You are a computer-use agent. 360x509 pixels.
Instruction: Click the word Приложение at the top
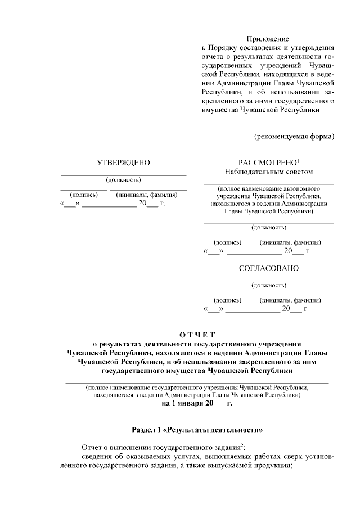pyautogui.click(x=268, y=39)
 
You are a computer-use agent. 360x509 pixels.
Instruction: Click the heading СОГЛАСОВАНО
pyautogui.click(x=268, y=268)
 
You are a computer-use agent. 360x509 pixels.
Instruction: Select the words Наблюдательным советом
pyautogui.click(x=268, y=172)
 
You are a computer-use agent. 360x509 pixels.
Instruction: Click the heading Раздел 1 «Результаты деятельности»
pyautogui.click(x=197, y=430)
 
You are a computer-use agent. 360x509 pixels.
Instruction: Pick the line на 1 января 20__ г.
pyautogui.click(x=197, y=403)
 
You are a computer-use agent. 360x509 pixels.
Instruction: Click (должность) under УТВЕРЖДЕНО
pyautogui.click(x=123, y=180)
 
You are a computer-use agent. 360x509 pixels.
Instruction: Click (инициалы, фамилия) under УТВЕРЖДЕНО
pyautogui.click(x=147, y=195)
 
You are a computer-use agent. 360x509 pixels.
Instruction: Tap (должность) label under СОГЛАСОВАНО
pyautogui.click(x=268, y=285)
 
